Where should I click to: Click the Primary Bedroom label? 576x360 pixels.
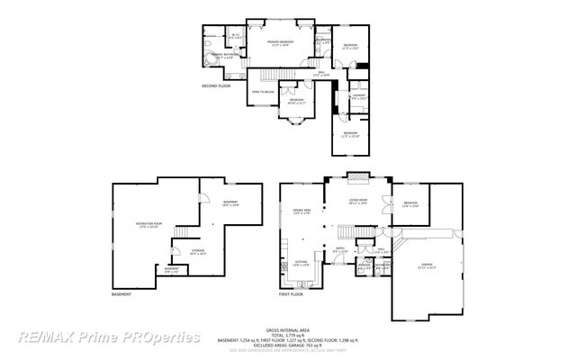pyautogui.click(x=286, y=43)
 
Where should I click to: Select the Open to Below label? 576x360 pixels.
pyautogui.click(x=262, y=91)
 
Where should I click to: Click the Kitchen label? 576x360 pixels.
pyautogui.click(x=301, y=265)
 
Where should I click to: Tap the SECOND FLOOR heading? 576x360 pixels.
pyautogui.click(x=219, y=86)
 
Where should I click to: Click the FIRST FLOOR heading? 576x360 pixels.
pyautogui.click(x=291, y=294)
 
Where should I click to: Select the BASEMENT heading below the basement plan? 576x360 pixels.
pyautogui.click(x=121, y=295)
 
